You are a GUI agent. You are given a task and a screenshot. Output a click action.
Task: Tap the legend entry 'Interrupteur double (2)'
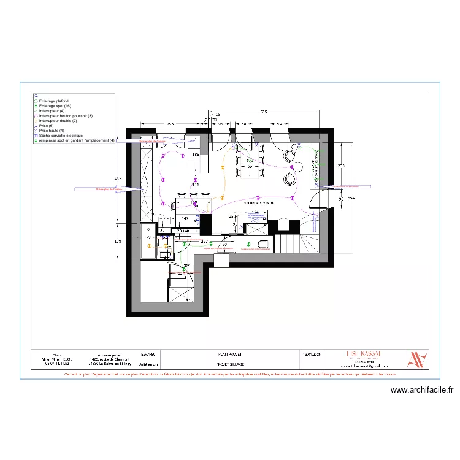pos(58,121)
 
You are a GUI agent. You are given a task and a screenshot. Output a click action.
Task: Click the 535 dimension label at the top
pos(263,112)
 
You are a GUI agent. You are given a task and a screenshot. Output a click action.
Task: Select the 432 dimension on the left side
pos(118,178)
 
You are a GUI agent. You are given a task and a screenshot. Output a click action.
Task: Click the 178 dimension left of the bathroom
pos(118,242)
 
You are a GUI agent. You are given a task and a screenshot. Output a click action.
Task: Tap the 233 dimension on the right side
pos(340,166)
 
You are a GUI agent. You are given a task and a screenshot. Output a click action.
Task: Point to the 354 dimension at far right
pos(351,199)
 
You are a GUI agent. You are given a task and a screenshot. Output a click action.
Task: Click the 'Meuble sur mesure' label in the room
pos(259,202)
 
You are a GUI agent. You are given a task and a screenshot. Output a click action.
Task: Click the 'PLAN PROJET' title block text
pos(230,355)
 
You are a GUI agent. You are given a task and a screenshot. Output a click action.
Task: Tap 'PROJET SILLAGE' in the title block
pos(230,364)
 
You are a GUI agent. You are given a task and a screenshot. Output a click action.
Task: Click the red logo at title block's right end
pos(418,359)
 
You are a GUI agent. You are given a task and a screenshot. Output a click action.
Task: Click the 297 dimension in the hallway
pos(204,242)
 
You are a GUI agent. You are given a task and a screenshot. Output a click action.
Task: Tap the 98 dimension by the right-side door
pos(340,199)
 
